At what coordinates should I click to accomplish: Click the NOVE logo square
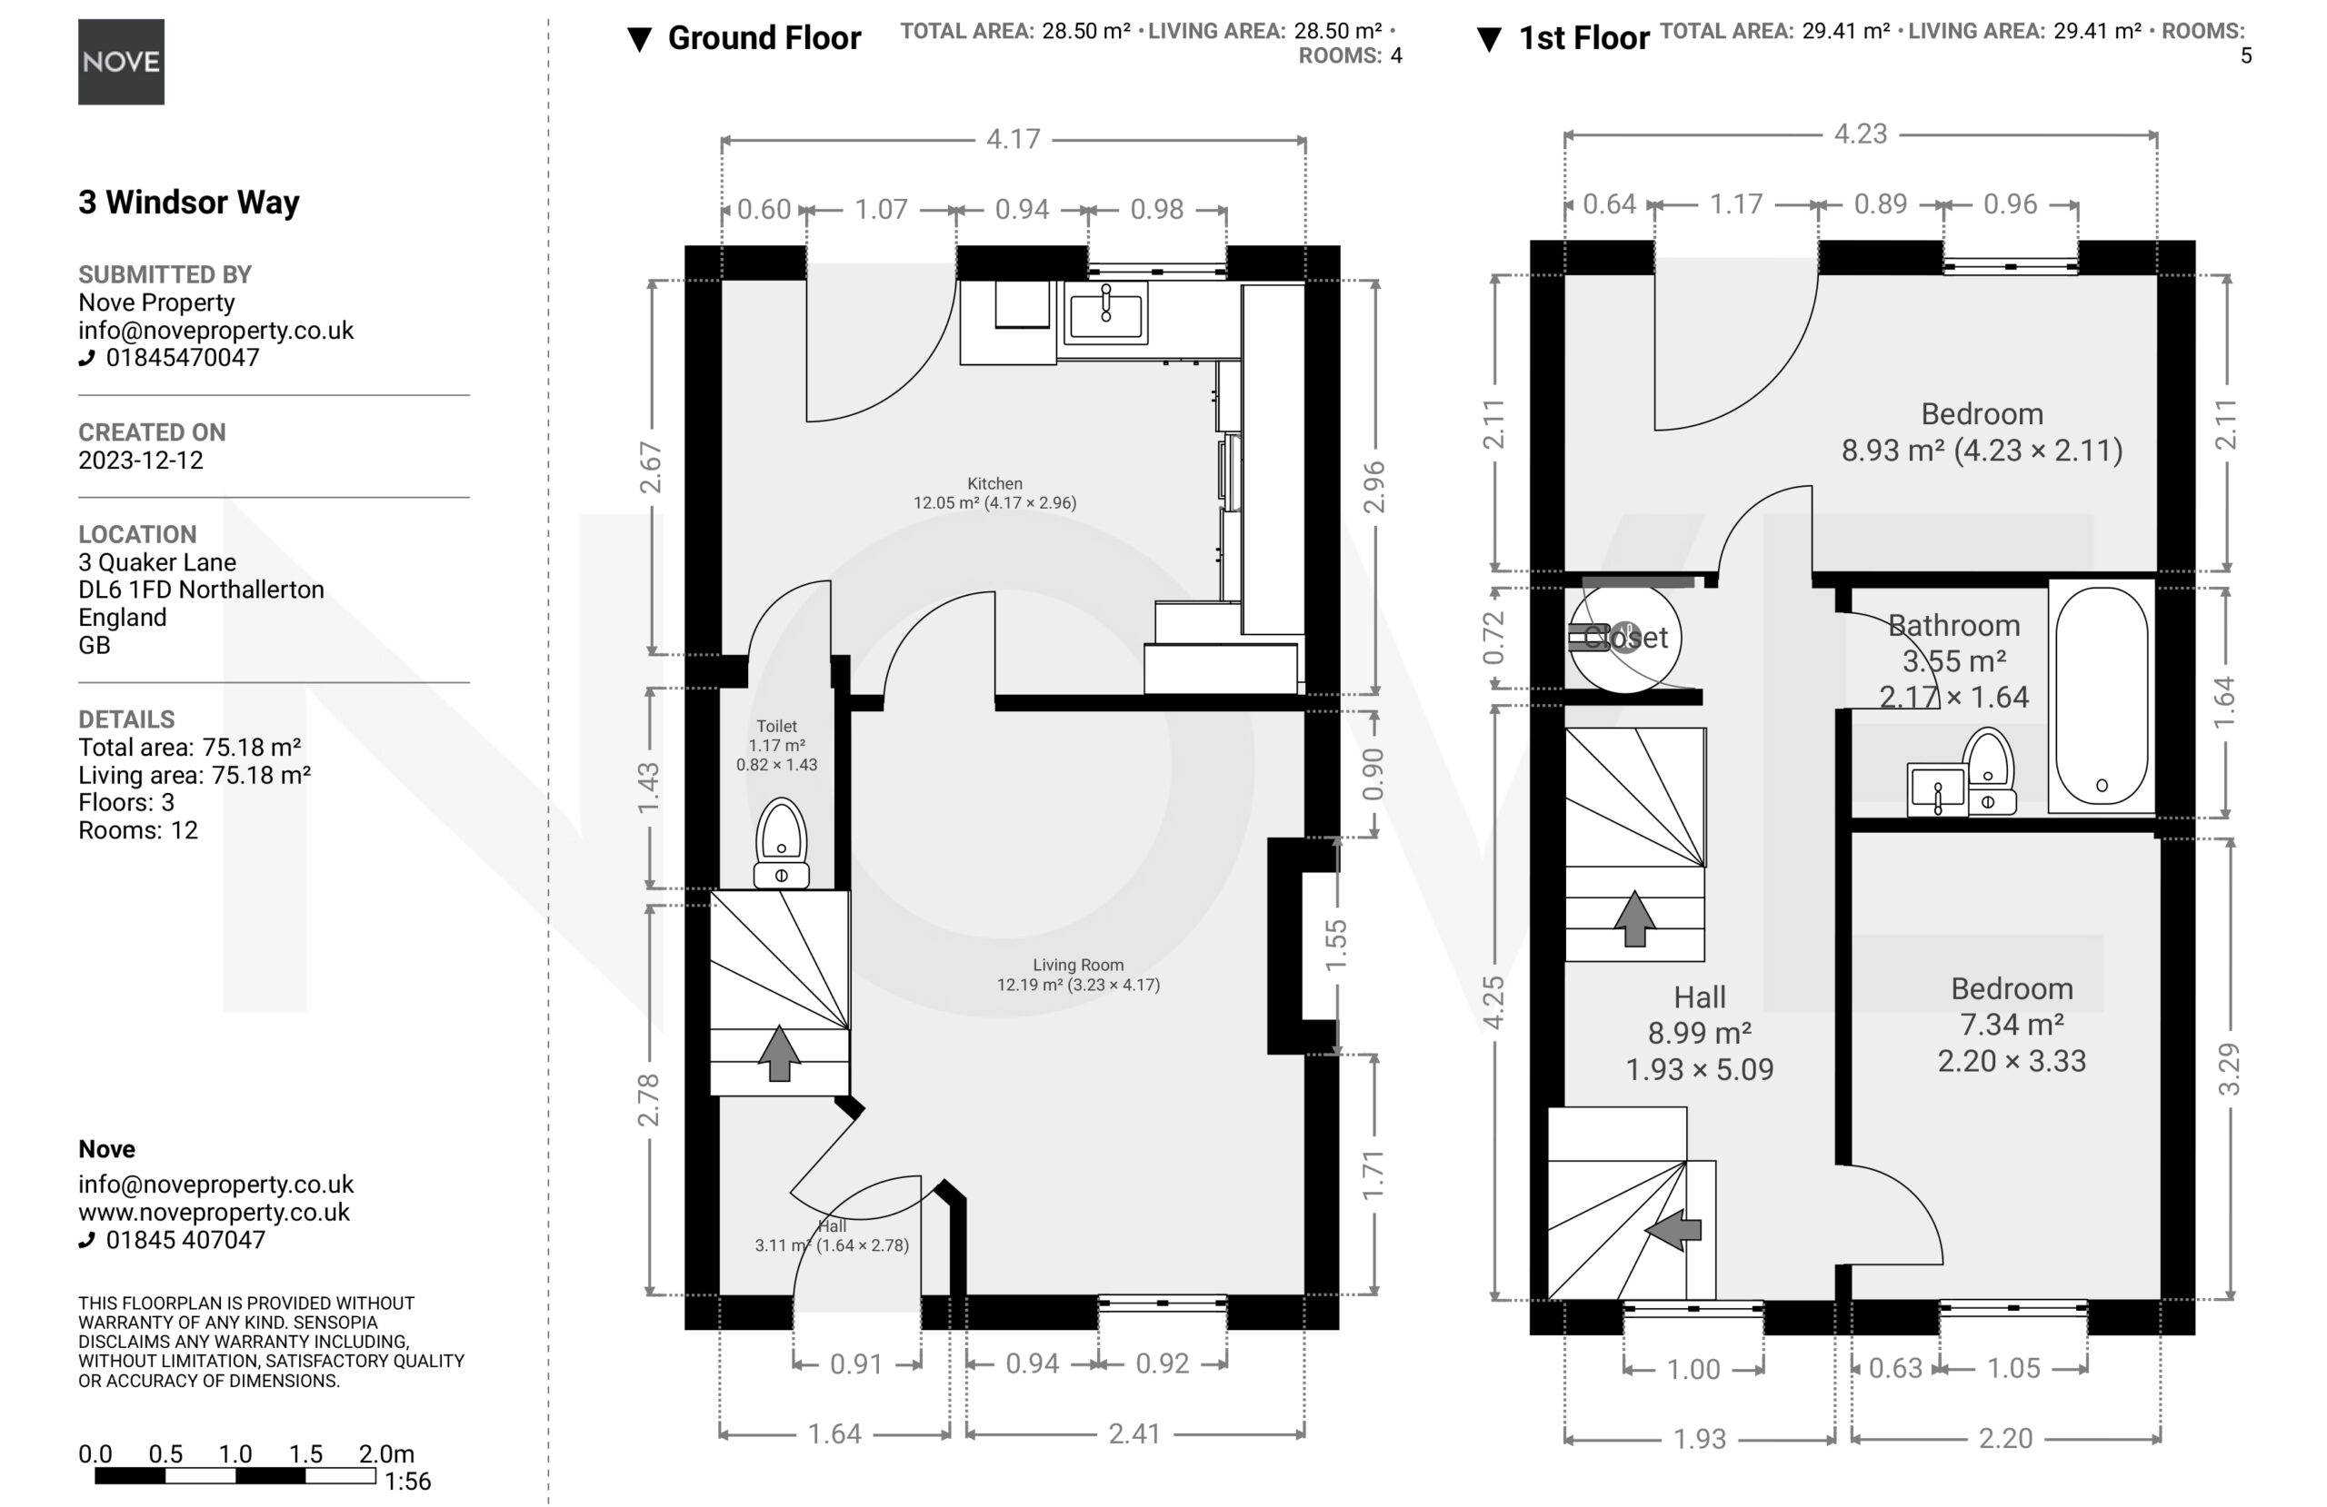[121, 62]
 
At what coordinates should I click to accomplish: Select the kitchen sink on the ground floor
[1106, 312]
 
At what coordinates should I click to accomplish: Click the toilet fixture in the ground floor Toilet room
[781, 842]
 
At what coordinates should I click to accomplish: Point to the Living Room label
[1078, 965]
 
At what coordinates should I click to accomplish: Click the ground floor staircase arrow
[779, 1053]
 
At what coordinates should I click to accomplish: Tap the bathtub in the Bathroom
[2102, 696]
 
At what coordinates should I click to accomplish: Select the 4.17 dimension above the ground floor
[1013, 139]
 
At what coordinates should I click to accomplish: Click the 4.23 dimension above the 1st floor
[1860, 134]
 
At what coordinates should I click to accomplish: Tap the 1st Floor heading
[1584, 38]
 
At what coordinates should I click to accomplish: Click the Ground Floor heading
[764, 38]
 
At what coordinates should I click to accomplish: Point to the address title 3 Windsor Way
[189, 202]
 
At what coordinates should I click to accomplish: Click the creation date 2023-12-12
[141, 461]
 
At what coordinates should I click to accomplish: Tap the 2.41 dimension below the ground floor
[1134, 1433]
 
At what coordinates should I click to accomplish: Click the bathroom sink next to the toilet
[1937, 789]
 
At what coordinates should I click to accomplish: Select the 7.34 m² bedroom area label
[2012, 1025]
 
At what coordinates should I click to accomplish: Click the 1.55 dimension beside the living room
[1335, 945]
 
